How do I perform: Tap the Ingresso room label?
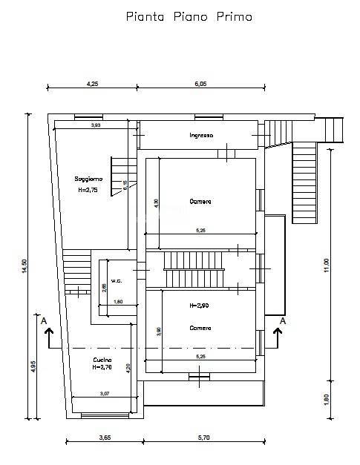pyautogui.click(x=201, y=135)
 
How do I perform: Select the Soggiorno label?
pyautogui.click(x=88, y=179)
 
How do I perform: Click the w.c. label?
pyautogui.click(x=116, y=280)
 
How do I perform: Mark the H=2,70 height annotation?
pyautogui.click(x=102, y=367)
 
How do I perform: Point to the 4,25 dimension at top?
pyautogui.click(x=93, y=84)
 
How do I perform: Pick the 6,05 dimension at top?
pyautogui.click(x=200, y=84)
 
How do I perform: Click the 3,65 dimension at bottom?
pyautogui.click(x=105, y=438)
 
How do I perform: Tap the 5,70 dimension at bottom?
pyautogui.click(x=202, y=438)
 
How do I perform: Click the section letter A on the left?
pyautogui.click(x=45, y=320)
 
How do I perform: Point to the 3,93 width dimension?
pyautogui.click(x=96, y=125)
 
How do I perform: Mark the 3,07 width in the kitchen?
pyautogui.click(x=104, y=394)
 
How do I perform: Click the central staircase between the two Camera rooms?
pyautogui.click(x=192, y=269)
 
